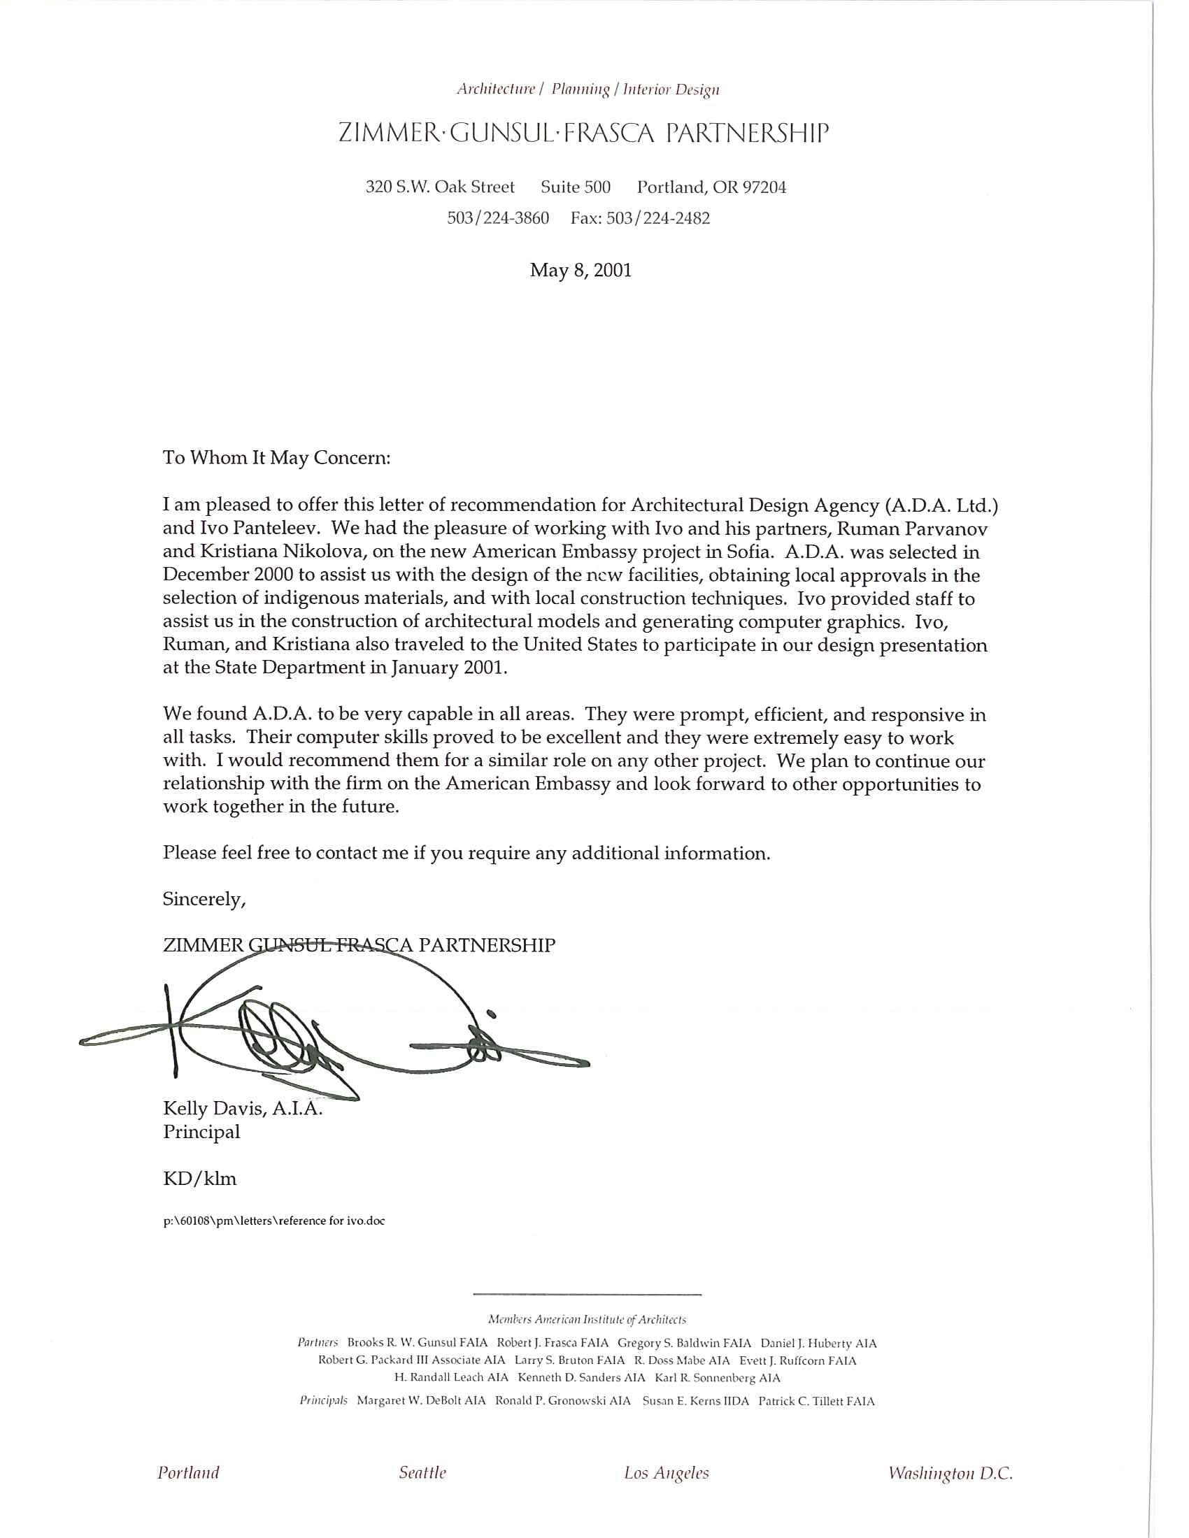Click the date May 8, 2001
[581, 271]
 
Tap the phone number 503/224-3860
[498, 218]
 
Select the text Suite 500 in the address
[576, 187]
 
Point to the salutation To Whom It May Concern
[276, 458]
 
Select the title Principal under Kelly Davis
[201, 1133]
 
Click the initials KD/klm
[199, 1179]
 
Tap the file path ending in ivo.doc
[274, 1221]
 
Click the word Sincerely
[204, 899]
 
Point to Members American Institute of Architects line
[587, 1320]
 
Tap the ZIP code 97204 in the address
[764, 187]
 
